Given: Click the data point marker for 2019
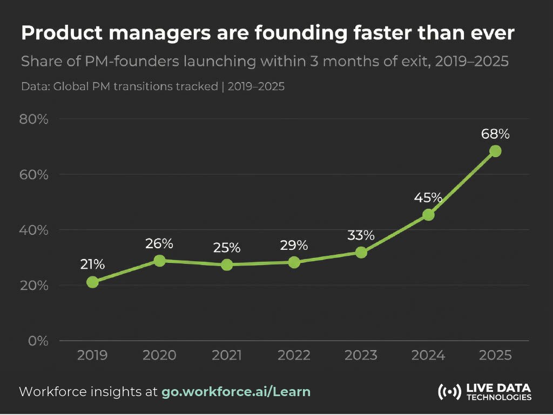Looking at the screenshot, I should (92, 282).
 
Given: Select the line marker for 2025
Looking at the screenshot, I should (495, 151).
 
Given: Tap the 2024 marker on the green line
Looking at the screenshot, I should (428, 215).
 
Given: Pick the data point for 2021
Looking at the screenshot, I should (227, 264).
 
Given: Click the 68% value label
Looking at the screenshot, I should (495, 133).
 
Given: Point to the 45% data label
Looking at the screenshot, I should (428, 198).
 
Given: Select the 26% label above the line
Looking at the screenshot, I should (159, 243).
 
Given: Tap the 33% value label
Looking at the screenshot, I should (361, 235).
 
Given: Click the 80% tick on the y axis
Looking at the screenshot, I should (34, 119).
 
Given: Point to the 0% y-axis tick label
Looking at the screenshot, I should (38, 341).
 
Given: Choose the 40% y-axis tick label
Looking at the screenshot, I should (34, 230).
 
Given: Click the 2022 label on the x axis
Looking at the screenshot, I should (294, 356).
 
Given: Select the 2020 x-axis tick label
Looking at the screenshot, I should (159, 356).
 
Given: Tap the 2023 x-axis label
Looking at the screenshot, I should (361, 356).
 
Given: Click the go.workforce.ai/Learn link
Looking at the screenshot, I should (236, 391).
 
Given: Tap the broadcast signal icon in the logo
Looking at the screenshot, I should (449, 392).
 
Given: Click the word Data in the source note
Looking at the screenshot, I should (35, 86).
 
